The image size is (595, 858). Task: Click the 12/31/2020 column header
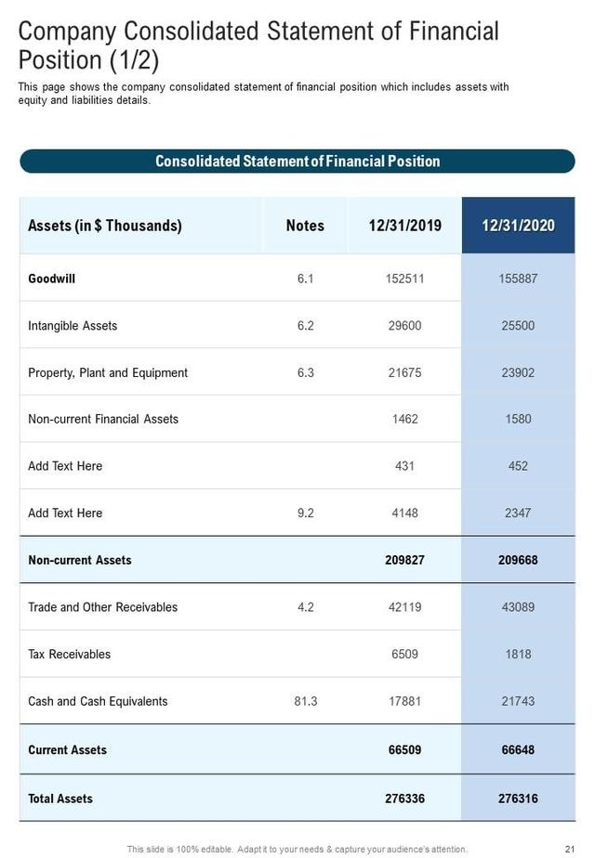(x=518, y=226)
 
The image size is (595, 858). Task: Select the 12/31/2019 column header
(x=404, y=226)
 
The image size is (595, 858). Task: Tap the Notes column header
(x=305, y=226)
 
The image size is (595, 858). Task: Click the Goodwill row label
(x=52, y=279)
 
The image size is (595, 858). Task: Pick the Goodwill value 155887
(x=518, y=279)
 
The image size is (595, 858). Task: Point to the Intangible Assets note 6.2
(x=305, y=326)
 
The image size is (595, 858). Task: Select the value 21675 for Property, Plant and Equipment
(x=404, y=372)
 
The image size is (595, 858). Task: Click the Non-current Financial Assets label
(x=103, y=419)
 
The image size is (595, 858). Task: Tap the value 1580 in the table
(x=518, y=419)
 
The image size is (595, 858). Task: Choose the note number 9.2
(x=305, y=513)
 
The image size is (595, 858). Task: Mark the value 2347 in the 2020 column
(x=518, y=513)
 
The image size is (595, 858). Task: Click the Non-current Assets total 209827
(x=404, y=560)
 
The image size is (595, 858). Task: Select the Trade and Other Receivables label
(x=102, y=607)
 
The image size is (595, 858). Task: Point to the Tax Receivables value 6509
(x=404, y=654)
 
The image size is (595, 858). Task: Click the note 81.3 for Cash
(x=305, y=701)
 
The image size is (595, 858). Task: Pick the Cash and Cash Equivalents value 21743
(x=518, y=701)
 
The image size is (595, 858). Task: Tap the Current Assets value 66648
(x=518, y=749)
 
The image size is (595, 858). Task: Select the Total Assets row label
(x=60, y=799)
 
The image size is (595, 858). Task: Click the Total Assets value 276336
(x=404, y=799)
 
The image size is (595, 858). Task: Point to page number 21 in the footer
(x=570, y=849)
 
